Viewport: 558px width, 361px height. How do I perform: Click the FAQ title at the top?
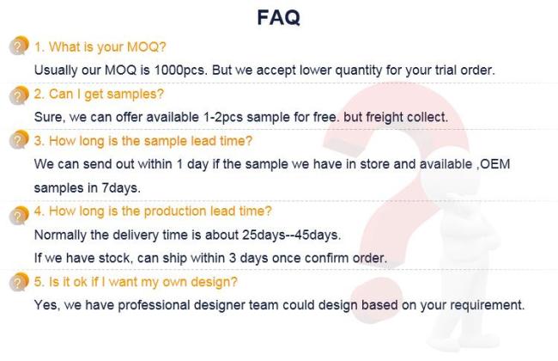click(x=279, y=17)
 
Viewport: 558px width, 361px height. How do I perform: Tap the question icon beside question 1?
click(x=19, y=46)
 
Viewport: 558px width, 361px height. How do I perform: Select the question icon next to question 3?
click(x=19, y=140)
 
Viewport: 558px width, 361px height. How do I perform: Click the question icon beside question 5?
click(x=19, y=282)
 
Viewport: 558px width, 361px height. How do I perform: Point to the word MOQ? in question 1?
click(x=146, y=46)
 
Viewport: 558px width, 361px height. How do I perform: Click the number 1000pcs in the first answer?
click(x=180, y=70)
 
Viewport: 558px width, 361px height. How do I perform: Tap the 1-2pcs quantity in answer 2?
click(x=223, y=117)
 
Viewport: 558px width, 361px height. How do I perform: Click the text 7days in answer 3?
click(x=121, y=187)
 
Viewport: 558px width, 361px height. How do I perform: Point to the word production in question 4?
click(x=175, y=211)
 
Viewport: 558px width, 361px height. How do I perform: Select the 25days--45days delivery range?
click(x=291, y=235)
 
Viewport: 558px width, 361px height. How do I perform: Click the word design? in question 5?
click(x=214, y=282)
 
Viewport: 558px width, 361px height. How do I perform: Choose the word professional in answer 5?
click(x=154, y=305)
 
